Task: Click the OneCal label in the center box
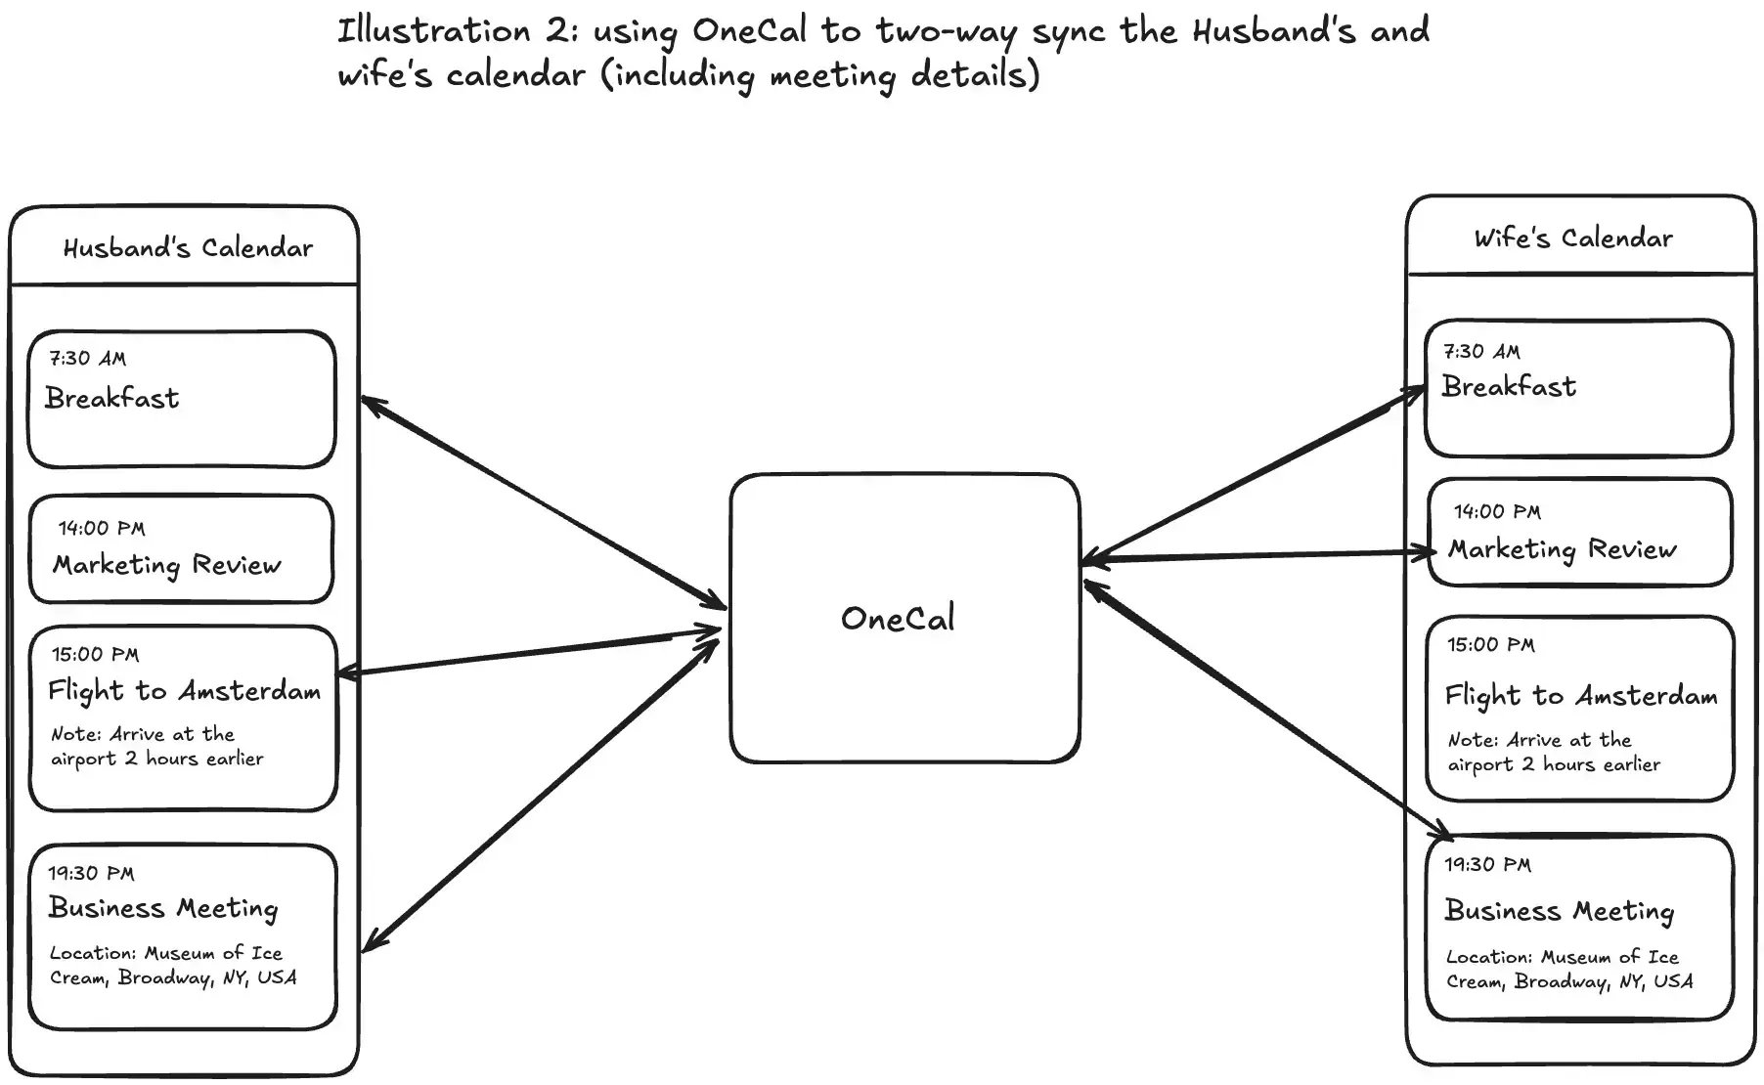coord(898,619)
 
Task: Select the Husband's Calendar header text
coord(188,248)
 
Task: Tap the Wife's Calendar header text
coord(1572,239)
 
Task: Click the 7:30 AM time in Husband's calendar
coord(88,359)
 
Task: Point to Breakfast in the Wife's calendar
coord(1508,387)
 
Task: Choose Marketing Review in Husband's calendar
coord(167,565)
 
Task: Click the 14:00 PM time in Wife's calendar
coord(1496,512)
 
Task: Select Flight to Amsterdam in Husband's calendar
coord(185,691)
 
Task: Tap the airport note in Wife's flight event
coord(1553,753)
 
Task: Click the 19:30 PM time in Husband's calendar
coord(92,874)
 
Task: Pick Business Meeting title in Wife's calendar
coord(1559,911)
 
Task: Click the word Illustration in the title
coord(433,31)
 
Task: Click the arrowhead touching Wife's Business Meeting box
coord(1442,832)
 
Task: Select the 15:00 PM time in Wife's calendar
coord(1490,645)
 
